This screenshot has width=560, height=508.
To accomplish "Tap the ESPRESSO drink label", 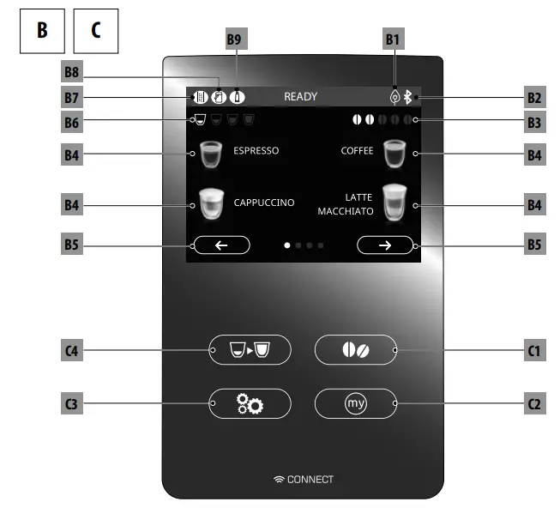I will [x=256, y=151].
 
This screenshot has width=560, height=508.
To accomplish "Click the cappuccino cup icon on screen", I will [x=210, y=203].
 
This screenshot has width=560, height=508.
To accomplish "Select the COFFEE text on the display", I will [x=357, y=151].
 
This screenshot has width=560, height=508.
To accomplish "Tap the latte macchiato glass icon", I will [x=394, y=203].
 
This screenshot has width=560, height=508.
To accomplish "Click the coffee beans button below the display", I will [x=355, y=350].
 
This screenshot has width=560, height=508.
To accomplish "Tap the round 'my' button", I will [x=355, y=402].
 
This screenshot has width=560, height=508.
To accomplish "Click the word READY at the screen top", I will [x=300, y=97].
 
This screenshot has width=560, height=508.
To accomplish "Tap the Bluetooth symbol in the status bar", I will [x=407, y=97].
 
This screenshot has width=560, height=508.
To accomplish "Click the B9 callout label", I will [x=234, y=39].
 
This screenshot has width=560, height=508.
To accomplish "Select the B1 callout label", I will [x=393, y=39].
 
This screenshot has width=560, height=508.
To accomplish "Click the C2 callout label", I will [x=535, y=402].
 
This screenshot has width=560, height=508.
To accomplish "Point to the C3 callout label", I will [x=73, y=402].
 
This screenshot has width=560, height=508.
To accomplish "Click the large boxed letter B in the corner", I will [x=41, y=31].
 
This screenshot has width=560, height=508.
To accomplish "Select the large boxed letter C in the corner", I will [x=96, y=31].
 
